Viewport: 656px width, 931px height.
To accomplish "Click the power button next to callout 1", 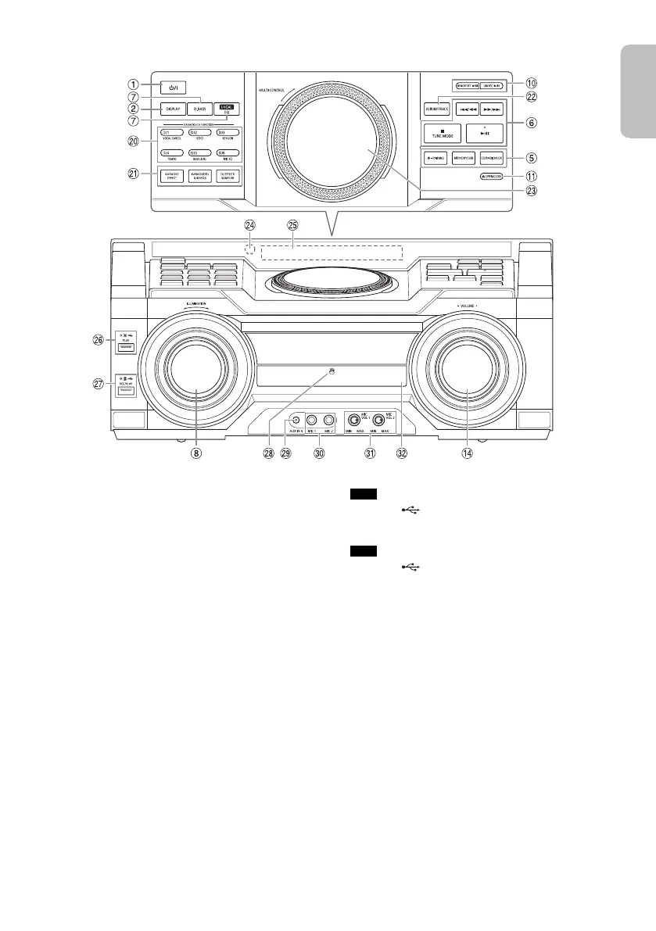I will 173,88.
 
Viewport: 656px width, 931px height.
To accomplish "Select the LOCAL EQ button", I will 226,109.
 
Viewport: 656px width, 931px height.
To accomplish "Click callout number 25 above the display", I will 292,224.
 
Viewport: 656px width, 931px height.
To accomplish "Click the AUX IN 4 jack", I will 294,419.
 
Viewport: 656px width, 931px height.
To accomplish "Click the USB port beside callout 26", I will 126,347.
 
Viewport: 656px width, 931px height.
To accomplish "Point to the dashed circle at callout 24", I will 250,250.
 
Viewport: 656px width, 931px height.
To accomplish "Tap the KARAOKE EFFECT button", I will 172,176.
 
